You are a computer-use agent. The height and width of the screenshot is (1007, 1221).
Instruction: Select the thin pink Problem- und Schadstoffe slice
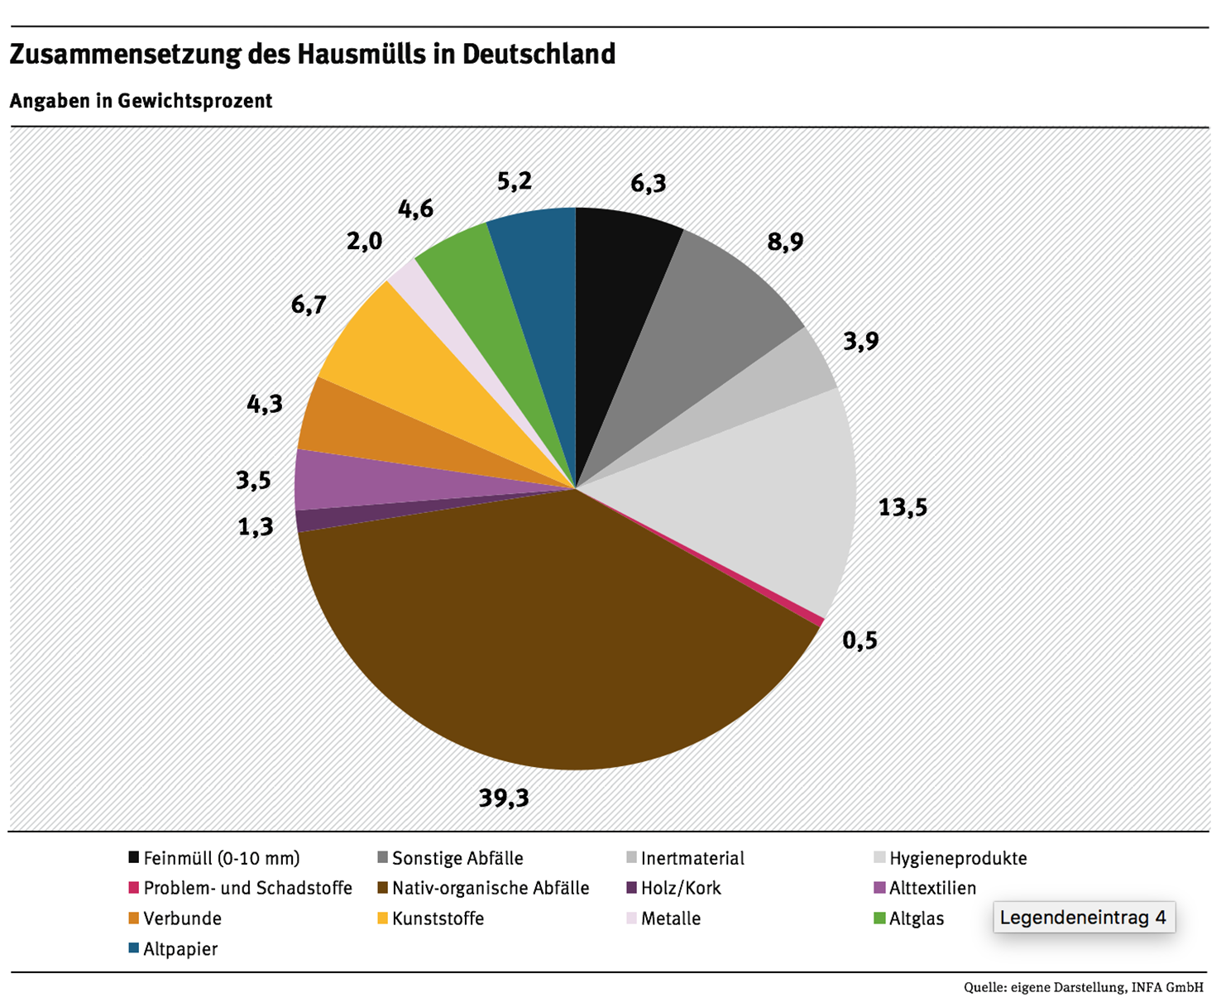click(819, 621)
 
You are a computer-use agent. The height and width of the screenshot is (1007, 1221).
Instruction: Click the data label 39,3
click(504, 798)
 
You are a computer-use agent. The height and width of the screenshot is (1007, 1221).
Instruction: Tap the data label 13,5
click(903, 507)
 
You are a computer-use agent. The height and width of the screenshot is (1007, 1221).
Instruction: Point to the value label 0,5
click(859, 640)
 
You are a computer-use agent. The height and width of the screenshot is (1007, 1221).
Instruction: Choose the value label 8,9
click(785, 242)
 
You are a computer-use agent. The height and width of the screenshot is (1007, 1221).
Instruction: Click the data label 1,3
click(256, 526)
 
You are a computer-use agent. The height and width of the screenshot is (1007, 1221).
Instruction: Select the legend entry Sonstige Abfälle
click(457, 858)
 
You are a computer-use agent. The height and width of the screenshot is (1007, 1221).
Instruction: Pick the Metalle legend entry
click(671, 918)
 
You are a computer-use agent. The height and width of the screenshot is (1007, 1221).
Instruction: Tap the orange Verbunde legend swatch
click(134, 918)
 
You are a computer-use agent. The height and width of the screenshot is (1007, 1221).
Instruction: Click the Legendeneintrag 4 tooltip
click(1084, 918)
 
